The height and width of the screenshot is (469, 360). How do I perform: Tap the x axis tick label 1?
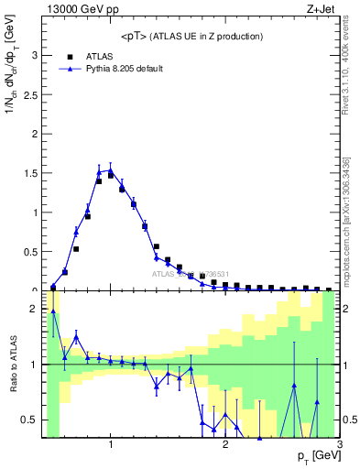coord(111,445)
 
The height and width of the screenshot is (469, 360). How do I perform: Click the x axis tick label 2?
coord(225,445)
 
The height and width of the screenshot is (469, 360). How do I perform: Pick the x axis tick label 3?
coord(340,445)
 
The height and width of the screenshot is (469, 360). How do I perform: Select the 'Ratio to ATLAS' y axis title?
coord(12,365)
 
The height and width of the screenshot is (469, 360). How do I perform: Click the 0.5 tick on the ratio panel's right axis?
coord(349,420)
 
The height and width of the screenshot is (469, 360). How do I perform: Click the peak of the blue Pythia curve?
coord(110,169)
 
